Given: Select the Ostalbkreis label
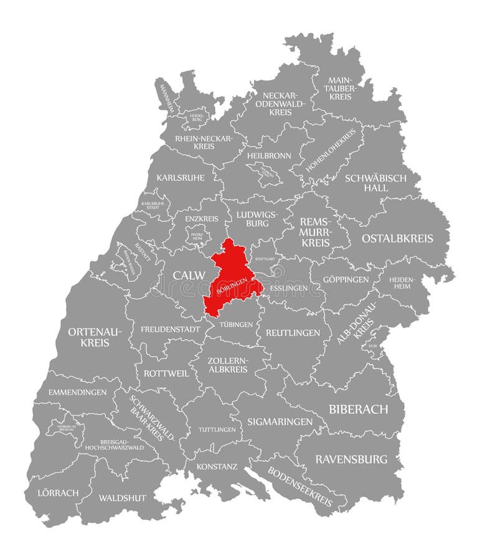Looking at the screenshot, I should tap(397, 238).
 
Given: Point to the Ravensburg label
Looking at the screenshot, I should tap(351, 459).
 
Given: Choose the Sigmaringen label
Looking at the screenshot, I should tap(280, 421).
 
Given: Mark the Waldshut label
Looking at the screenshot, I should tap(122, 498).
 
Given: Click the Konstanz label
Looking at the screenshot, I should tap(217, 465).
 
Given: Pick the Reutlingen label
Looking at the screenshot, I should tap(293, 333).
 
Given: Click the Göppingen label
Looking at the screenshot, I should tap(346, 279).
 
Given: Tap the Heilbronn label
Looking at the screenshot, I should tap(269, 155).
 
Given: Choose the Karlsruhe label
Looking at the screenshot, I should tap(181, 177).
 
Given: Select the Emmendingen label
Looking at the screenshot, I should tap(77, 392).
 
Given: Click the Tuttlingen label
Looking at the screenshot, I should tap(217, 430).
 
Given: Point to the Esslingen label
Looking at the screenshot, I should tap(288, 289).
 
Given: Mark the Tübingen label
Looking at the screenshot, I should tap(236, 324).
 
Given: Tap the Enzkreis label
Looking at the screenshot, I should tap(202, 219).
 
